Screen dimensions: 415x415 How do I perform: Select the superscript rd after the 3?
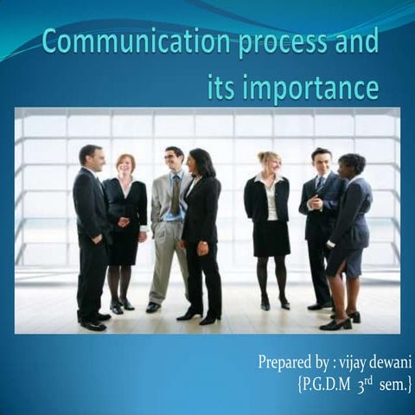click(x=369, y=376)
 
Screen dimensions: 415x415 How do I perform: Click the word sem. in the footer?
click(x=393, y=381)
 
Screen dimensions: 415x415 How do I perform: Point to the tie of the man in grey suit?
click(x=175, y=194)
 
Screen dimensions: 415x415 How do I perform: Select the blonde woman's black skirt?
click(x=271, y=237)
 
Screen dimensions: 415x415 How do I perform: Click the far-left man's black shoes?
click(x=93, y=324)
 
